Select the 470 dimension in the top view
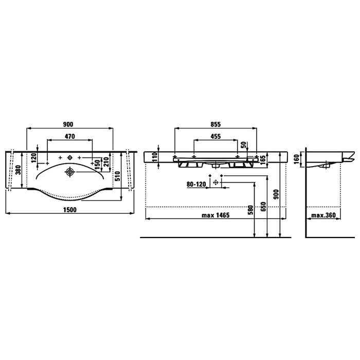click(70, 136)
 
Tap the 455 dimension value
click(215, 137)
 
